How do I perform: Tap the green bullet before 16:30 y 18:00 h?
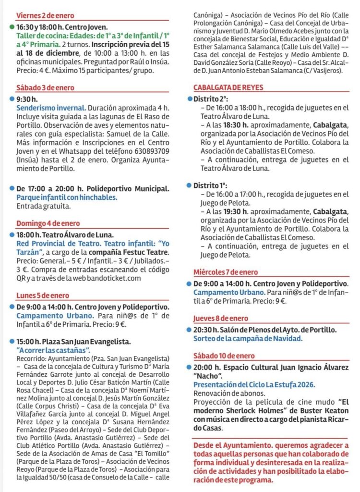pos(12,27)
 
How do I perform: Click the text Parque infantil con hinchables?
pos(67,197)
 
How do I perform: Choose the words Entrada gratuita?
pos(43,206)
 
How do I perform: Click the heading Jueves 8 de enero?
pos(221,318)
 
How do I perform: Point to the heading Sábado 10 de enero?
pos(224,356)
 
